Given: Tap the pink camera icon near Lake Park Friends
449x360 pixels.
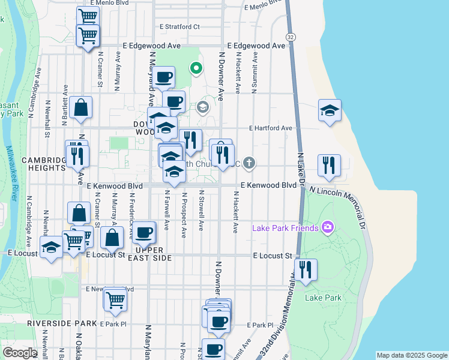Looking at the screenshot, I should (x=327, y=227).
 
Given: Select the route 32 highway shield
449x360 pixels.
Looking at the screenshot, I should (x=291, y=38).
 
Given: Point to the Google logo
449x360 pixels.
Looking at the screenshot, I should (x=20, y=353).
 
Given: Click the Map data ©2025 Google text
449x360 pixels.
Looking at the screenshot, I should (x=412, y=355).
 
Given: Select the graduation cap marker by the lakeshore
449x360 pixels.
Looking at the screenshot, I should (x=329, y=110).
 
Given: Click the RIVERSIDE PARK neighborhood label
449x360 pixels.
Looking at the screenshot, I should (x=62, y=323).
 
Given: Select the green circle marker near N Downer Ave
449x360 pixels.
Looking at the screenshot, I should (x=195, y=67).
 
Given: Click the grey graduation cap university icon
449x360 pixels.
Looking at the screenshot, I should (x=203, y=107).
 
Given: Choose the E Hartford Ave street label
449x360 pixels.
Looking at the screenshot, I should (x=271, y=128).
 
